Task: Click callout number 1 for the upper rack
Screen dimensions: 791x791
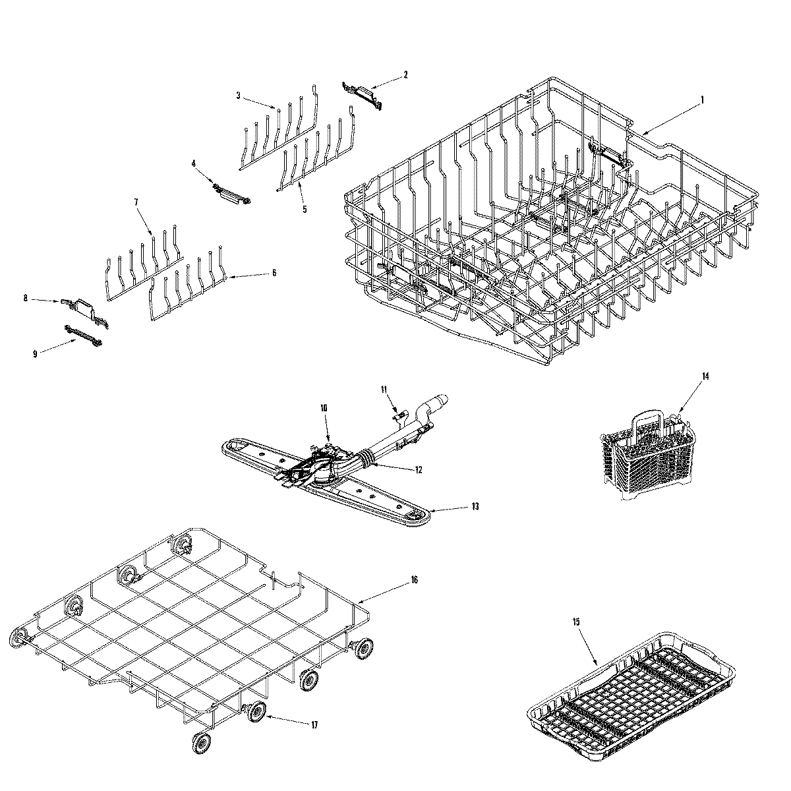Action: point(702,100)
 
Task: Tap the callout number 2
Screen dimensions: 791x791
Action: point(405,75)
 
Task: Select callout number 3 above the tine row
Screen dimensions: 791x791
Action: point(239,96)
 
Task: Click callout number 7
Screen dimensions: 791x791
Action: point(136,202)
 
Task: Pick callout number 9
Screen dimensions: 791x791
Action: point(35,353)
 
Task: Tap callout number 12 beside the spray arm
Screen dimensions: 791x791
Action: point(419,470)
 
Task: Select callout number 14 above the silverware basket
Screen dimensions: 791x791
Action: point(705,376)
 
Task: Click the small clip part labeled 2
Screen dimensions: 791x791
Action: point(362,92)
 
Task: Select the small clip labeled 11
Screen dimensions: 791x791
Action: point(397,414)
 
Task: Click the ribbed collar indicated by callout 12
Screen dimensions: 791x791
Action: point(364,455)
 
